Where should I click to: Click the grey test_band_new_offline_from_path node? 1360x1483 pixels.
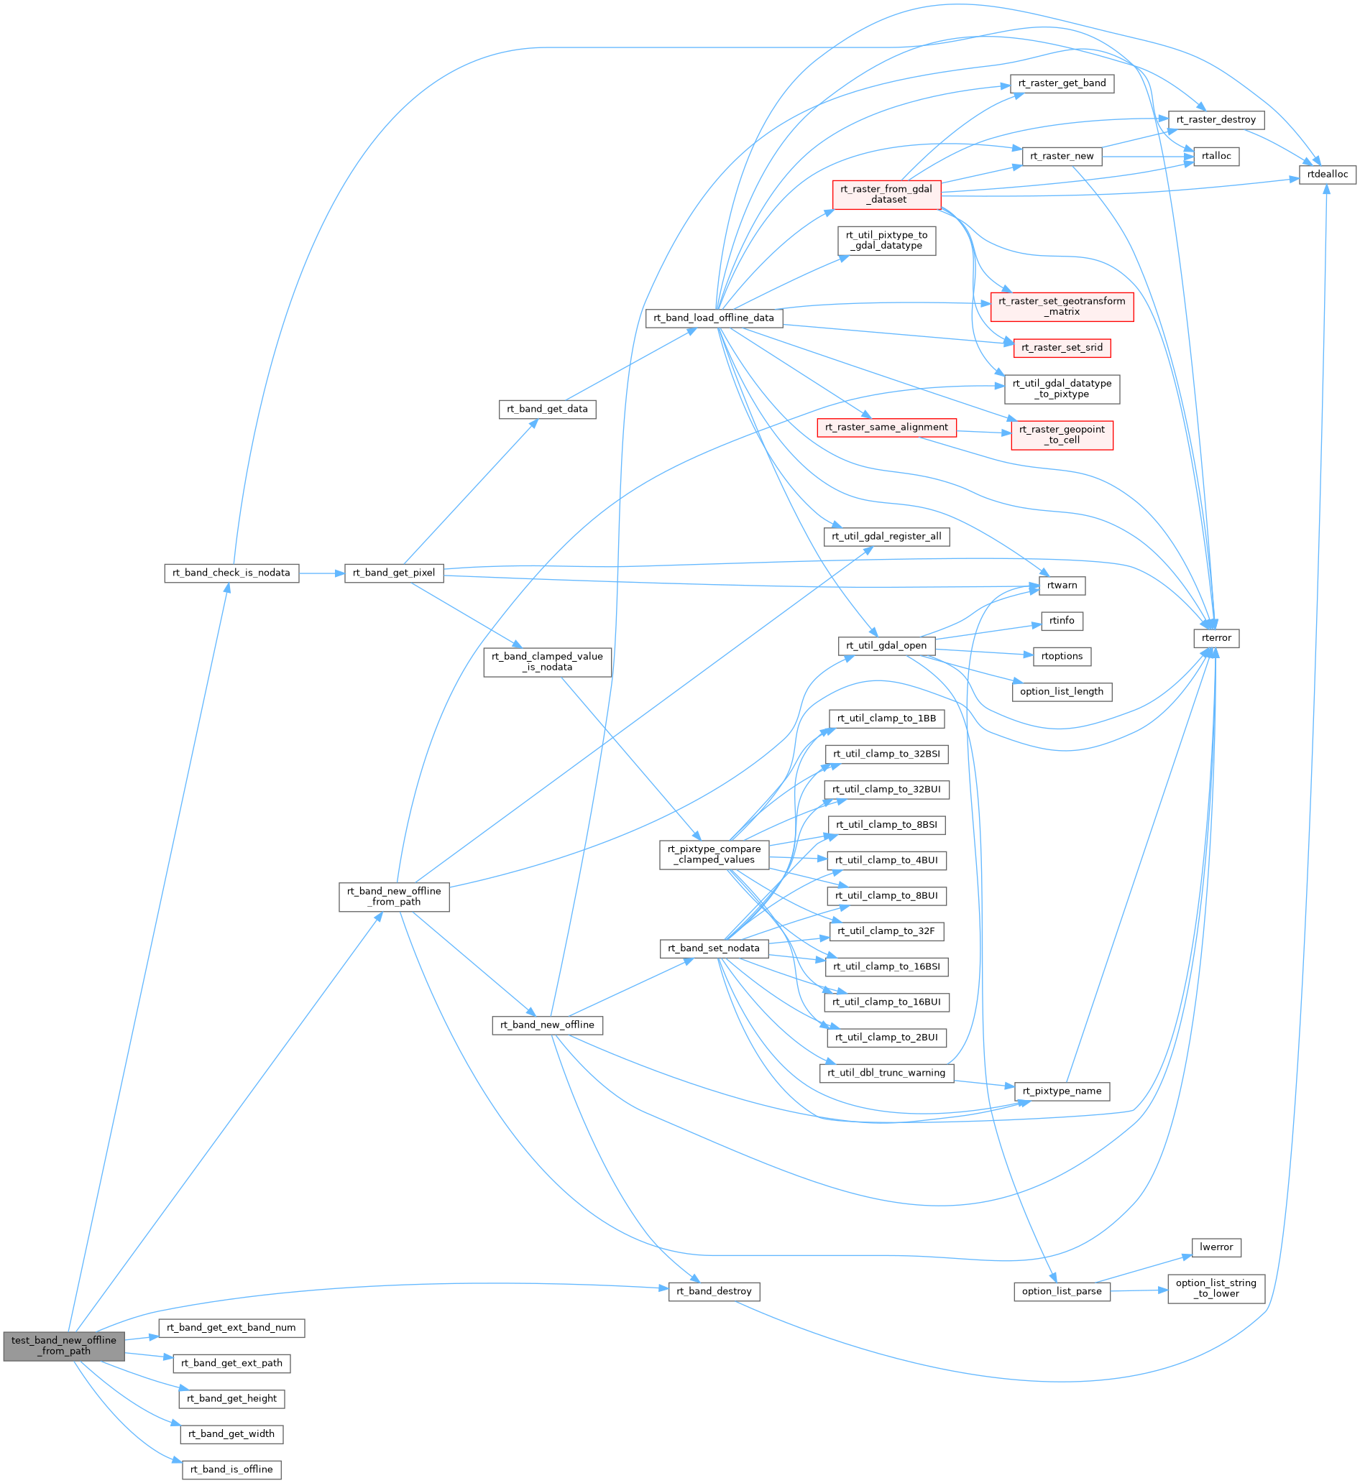point(63,1346)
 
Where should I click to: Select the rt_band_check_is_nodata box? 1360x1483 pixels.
point(231,573)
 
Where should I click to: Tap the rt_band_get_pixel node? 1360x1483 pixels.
point(394,573)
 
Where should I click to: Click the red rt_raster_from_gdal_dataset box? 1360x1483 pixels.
point(886,194)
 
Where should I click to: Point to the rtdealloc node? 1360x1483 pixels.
point(1327,175)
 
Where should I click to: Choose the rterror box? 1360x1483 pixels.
point(1216,638)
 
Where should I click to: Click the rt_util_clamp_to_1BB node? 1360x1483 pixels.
point(886,719)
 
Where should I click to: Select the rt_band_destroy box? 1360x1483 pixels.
point(713,1291)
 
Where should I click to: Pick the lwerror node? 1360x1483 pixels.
point(1216,1247)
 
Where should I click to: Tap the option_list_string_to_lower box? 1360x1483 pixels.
point(1216,1288)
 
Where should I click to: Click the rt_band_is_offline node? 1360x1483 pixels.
point(231,1469)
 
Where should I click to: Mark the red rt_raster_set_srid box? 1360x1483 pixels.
point(1061,348)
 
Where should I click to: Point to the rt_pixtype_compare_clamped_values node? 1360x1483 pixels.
point(713,854)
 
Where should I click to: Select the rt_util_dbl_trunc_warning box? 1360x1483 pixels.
point(886,1073)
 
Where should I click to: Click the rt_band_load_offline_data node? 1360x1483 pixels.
point(713,318)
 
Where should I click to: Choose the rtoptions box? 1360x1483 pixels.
point(1061,656)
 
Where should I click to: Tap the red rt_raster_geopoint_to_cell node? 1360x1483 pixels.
point(1061,435)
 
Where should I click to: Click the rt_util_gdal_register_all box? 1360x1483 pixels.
point(886,536)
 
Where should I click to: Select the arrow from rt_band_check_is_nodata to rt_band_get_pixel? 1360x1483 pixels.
point(321,573)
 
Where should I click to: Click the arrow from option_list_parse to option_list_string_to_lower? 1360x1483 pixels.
point(1139,1290)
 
